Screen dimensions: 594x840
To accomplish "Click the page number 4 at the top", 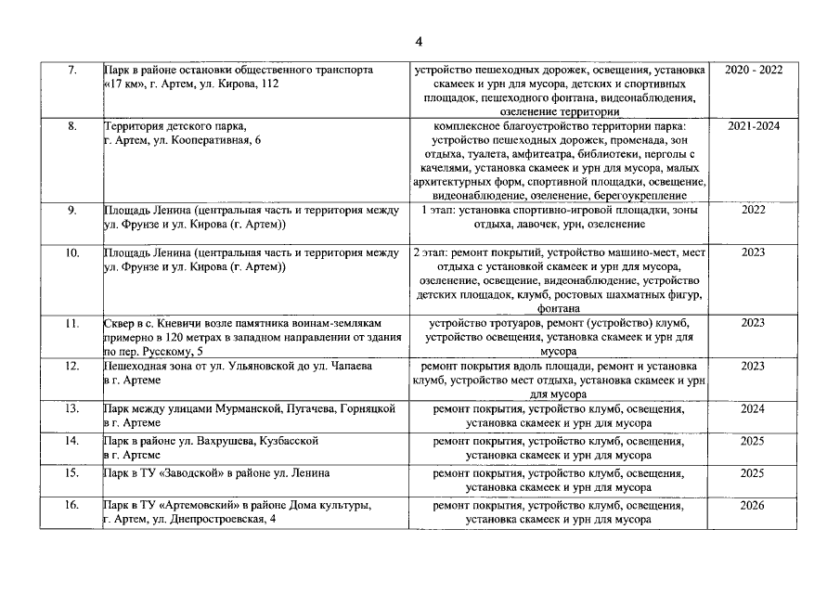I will (x=419, y=41).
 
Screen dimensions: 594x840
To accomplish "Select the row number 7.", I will (x=72, y=70).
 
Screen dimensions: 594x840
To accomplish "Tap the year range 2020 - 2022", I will (x=753, y=70).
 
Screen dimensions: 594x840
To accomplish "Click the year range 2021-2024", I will (x=753, y=125).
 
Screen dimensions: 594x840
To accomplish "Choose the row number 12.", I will (x=72, y=367).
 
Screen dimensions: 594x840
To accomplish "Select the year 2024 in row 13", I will (x=753, y=408).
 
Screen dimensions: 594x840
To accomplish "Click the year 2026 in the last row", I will (x=753, y=506).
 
